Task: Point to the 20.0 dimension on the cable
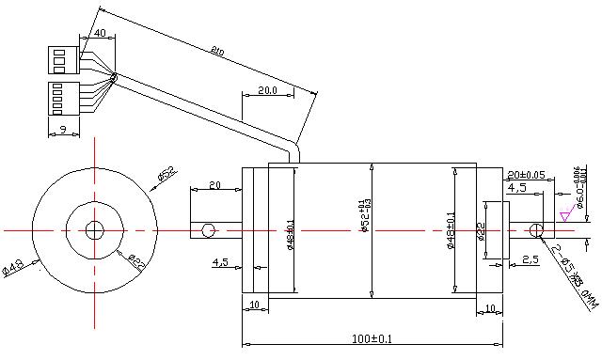click(x=266, y=91)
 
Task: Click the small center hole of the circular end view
click(x=94, y=230)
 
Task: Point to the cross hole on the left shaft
click(x=207, y=230)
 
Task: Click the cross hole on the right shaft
click(x=535, y=230)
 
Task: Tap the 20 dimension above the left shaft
click(x=214, y=184)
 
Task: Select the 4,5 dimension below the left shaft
click(x=220, y=261)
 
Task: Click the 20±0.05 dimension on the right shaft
click(x=527, y=175)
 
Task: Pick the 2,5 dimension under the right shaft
click(x=530, y=258)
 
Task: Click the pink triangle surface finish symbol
click(x=564, y=217)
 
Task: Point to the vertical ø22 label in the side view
click(x=481, y=231)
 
